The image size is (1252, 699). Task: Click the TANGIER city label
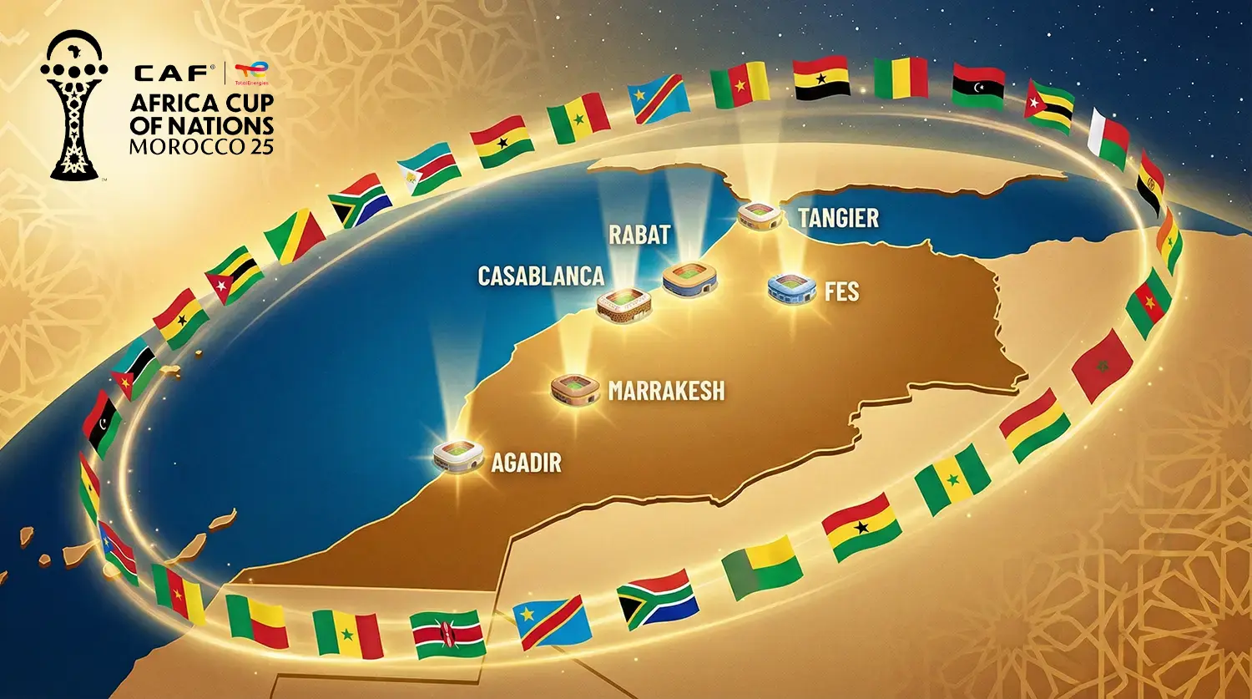click(838, 218)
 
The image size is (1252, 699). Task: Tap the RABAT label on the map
click(639, 235)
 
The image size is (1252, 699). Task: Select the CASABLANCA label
click(540, 276)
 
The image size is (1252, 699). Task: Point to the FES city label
click(841, 291)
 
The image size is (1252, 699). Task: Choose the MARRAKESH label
click(666, 391)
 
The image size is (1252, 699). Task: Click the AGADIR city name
click(526, 463)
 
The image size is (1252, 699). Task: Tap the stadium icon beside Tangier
click(760, 215)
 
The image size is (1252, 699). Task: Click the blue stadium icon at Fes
click(790, 288)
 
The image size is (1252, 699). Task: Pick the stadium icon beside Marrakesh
click(575, 388)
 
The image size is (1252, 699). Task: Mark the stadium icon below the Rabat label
click(689, 280)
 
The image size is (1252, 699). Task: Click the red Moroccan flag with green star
click(1102, 365)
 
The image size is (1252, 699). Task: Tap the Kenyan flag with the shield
click(449, 634)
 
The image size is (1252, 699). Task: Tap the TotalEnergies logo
click(250, 73)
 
